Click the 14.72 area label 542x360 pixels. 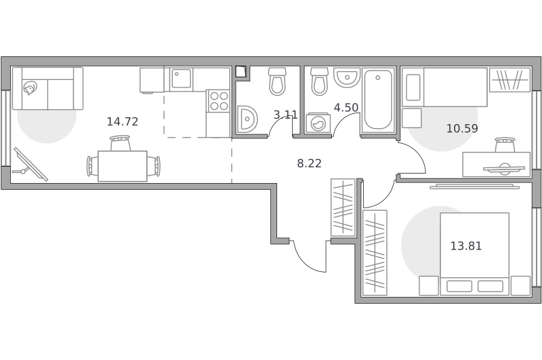(x=123, y=122)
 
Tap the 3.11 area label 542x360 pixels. (x=285, y=115)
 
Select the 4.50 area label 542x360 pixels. (x=346, y=108)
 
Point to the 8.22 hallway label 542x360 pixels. (x=310, y=163)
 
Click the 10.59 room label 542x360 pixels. (x=462, y=129)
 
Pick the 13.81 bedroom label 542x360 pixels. (x=466, y=246)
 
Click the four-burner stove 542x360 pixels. (x=219, y=100)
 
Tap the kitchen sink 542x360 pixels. (x=180, y=79)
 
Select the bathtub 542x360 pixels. (x=378, y=100)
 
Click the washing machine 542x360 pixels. (x=318, y=123)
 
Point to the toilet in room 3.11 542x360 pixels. (x=277, y=81)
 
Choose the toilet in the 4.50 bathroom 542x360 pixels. (x=319, y=81)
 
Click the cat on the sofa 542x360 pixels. (x=29, y=87)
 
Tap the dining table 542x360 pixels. (x=123, y=166)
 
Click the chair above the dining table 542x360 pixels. (x=121, y=143)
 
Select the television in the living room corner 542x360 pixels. (x=30, y=164)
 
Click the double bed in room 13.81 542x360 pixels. (x=474, y=254)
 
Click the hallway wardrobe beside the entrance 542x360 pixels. (x=343, y=207)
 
